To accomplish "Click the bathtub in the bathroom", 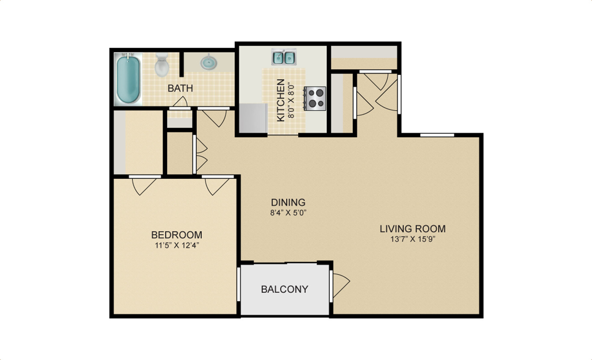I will click(129, 79).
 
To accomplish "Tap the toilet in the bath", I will click(162, 64).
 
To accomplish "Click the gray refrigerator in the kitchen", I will click(253, 118).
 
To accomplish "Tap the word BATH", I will click(180, 89).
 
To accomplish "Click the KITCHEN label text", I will click(280, 100).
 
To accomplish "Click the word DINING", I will click(288, 202).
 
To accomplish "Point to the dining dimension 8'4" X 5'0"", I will click(288, 213).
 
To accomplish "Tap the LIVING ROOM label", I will click(412, 229).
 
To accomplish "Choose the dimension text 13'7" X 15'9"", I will click(412, 240).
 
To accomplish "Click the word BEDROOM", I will click(177, 235).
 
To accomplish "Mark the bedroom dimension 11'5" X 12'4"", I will click(177, 245).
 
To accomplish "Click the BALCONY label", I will click(285, 289).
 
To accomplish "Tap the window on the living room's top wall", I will click(437, 135).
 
